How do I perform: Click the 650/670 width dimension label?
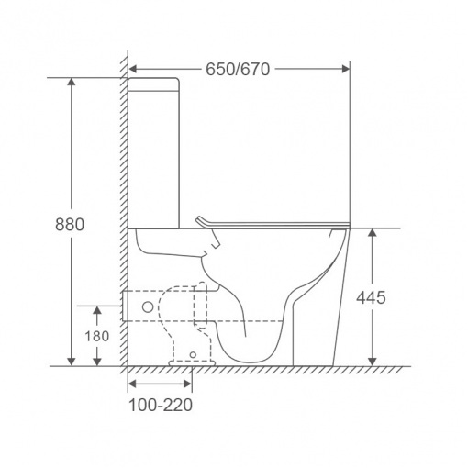pyautogui.click(x=238, y=69)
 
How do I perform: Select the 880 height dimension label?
pyautogui.click(x=70, y=224)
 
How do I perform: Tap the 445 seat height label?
pyautogui.click(x=371, y=297)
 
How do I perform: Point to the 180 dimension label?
pyautogui.click(x=96, y=336)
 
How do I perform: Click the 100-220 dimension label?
pyautogui.click(x=161, y=405)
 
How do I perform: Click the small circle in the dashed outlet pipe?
pyautogui.click(x=148, y=306)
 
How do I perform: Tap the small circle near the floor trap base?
pyautogui.click(x=193, y=355)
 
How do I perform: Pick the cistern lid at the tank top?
pyautogui.click(x=153, y=84)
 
